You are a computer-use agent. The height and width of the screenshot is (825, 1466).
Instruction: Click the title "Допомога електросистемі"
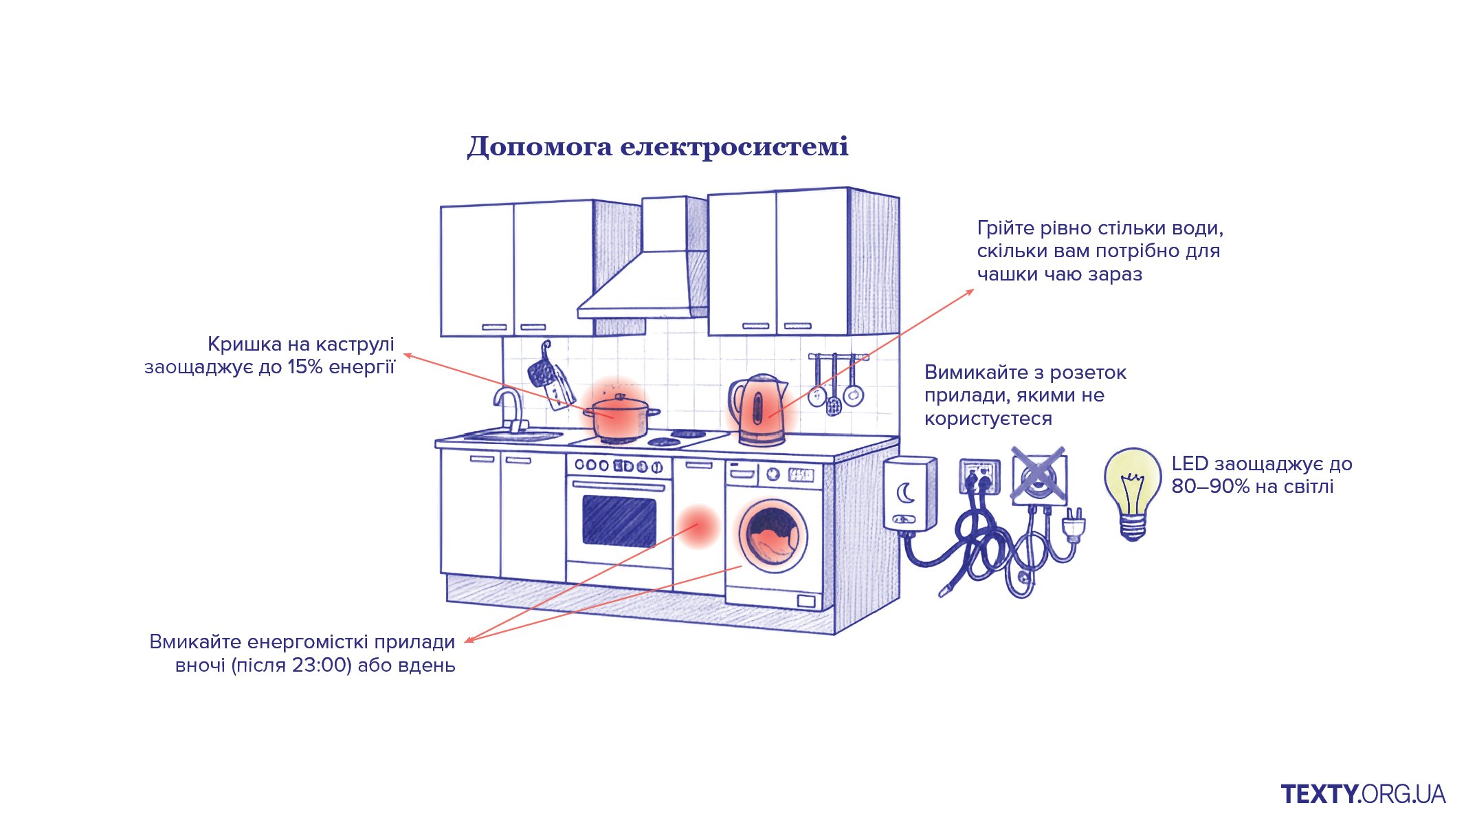658,146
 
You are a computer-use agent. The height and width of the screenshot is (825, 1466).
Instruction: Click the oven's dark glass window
619,520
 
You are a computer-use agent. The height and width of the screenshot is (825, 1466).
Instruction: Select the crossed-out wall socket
1039,476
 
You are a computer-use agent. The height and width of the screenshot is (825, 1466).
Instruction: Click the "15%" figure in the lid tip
305,367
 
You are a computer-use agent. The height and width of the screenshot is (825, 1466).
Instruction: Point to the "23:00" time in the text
322,665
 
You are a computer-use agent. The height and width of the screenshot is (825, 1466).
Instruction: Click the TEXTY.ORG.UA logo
1363,794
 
